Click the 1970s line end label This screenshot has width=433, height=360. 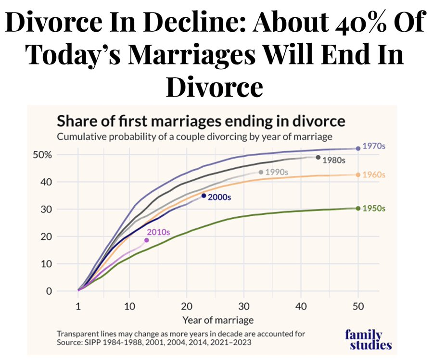(x=373, y=146)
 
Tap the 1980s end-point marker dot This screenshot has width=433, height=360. (x=318, y=157)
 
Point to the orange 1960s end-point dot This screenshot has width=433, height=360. (x=358, y=175)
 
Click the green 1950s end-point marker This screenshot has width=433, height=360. (x=358, y=208)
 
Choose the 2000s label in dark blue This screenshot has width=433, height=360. (x=219, y=197)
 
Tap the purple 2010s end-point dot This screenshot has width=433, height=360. (x=147, y=240)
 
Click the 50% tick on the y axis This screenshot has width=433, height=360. (x=42, y=155)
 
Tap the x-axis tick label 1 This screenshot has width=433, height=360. (x=77, y=306)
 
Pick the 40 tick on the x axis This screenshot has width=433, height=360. (x=300, y=306)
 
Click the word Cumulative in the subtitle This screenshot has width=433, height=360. (x=80, y=137)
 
